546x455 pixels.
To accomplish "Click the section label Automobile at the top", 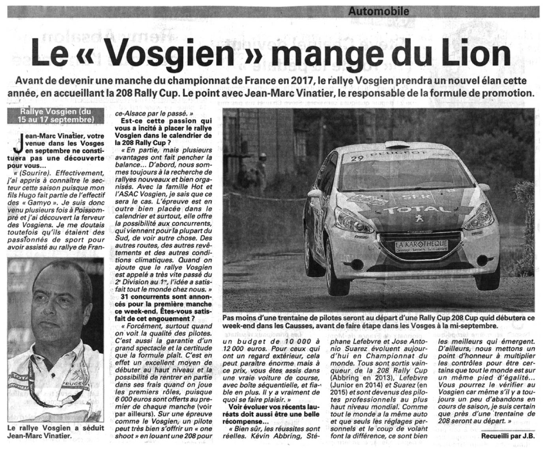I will pos(378,11).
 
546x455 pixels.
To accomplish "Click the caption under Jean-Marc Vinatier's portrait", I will pos(56,432).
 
